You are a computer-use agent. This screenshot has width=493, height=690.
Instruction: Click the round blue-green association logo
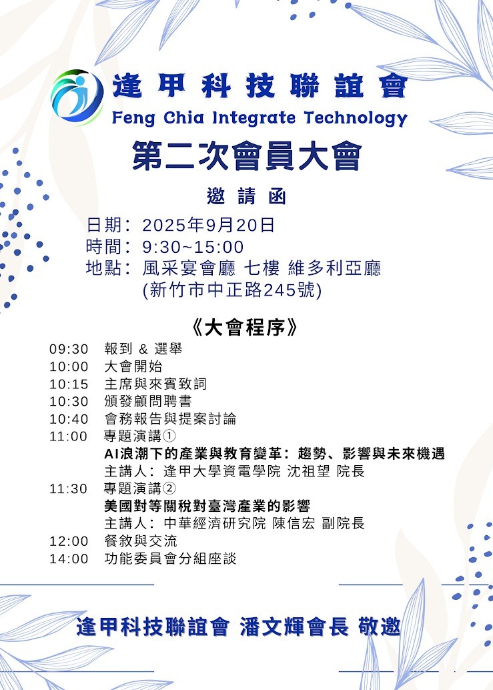(77, 97)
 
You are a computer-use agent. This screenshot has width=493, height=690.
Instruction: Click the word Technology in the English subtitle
(356, 118)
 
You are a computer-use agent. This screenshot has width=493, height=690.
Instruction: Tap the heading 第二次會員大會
(247, 155)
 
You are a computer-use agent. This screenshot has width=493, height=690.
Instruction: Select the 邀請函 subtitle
(247, 196)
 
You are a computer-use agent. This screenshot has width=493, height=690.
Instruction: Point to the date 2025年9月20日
(208, 225)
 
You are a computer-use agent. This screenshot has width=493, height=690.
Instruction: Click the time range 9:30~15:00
(193, 247)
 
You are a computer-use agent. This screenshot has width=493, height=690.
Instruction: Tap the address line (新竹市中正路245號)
(232, 290)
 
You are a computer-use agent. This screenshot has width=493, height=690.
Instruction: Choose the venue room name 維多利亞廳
(334, 268)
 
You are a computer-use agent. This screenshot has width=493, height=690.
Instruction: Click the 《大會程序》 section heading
(245, 328)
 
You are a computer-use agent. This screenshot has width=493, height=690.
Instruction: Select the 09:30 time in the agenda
(69, 349)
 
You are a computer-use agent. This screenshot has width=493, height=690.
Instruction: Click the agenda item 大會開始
(133, 366)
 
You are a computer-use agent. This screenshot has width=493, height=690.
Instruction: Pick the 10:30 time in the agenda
(69, 401)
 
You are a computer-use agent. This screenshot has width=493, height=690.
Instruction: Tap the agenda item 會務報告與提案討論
(170, 418)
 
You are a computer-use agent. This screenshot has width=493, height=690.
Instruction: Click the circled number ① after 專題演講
(169, 436)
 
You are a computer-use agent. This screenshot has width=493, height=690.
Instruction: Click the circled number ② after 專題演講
(169, 488)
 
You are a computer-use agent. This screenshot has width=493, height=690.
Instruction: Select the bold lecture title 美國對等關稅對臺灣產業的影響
(207, 506)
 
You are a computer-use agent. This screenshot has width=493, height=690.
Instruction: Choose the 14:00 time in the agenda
(69, 559)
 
